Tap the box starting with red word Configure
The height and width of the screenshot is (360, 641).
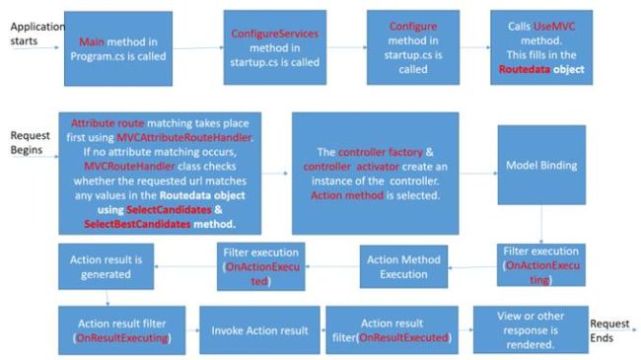point(412,47)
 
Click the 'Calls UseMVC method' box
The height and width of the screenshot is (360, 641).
point(541,47)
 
